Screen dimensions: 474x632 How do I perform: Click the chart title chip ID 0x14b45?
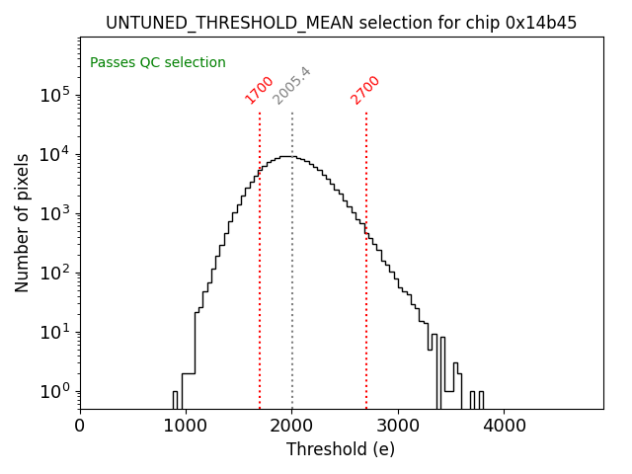(x=542, y=23)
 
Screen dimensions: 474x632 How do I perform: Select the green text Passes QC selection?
(x=158, y=63)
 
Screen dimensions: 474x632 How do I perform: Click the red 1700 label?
(x=259, y=90)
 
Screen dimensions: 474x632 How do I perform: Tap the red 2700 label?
(x=365, y=90)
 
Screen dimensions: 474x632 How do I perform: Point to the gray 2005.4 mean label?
(x=291, y=86)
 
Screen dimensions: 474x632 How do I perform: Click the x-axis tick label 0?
(x=80, y=427)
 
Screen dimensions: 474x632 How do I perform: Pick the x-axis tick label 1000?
(x=186, y=427)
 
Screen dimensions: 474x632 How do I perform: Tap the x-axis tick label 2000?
(x=292, y=427)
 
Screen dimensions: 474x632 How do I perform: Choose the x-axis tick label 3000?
(x=398, y=427)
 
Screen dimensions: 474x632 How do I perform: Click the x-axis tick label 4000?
(x=504, y=427)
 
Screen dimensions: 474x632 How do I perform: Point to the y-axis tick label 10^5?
(x=54, y=95)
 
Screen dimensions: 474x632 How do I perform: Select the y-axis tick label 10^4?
(x=54, y=154)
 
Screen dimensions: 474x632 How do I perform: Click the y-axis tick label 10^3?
(x=54, y=213)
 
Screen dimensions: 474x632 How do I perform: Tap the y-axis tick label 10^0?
(x=54, y=391)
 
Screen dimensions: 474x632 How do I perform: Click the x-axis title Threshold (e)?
(x=341, y=449)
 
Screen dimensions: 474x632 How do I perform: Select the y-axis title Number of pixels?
(x=22, y=223)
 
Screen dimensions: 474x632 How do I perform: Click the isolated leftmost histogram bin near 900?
(x=175, y=399)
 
